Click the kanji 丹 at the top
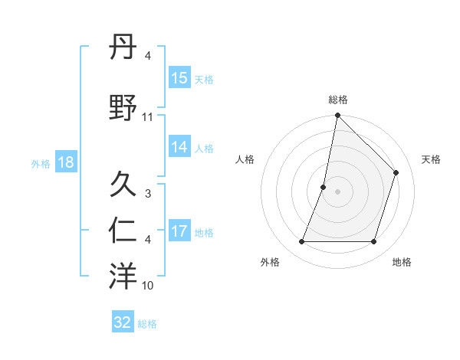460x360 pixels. coord(123,47)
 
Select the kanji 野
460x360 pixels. coord(123,107)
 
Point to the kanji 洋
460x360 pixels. coord(123,277)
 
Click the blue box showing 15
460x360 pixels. coord(179,78)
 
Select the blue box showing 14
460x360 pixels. coord(179,148)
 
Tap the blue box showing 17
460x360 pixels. coord(179,232)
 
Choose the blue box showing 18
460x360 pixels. coord(65,162)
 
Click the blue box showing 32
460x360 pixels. coord(123,322)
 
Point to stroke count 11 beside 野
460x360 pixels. coord(148,117)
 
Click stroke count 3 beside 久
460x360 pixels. coord(148,195)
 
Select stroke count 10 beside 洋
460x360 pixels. coord(148,286)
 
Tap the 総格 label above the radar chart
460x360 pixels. coord(337,100)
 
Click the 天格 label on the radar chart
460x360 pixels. coord(431,159)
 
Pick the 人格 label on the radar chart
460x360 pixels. coord(245,159)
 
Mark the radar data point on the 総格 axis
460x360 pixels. coord(337,116)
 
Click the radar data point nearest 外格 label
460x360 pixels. coord(301,242)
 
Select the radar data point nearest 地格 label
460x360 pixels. coord(374,242)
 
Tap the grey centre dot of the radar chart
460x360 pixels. coord(337,191)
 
